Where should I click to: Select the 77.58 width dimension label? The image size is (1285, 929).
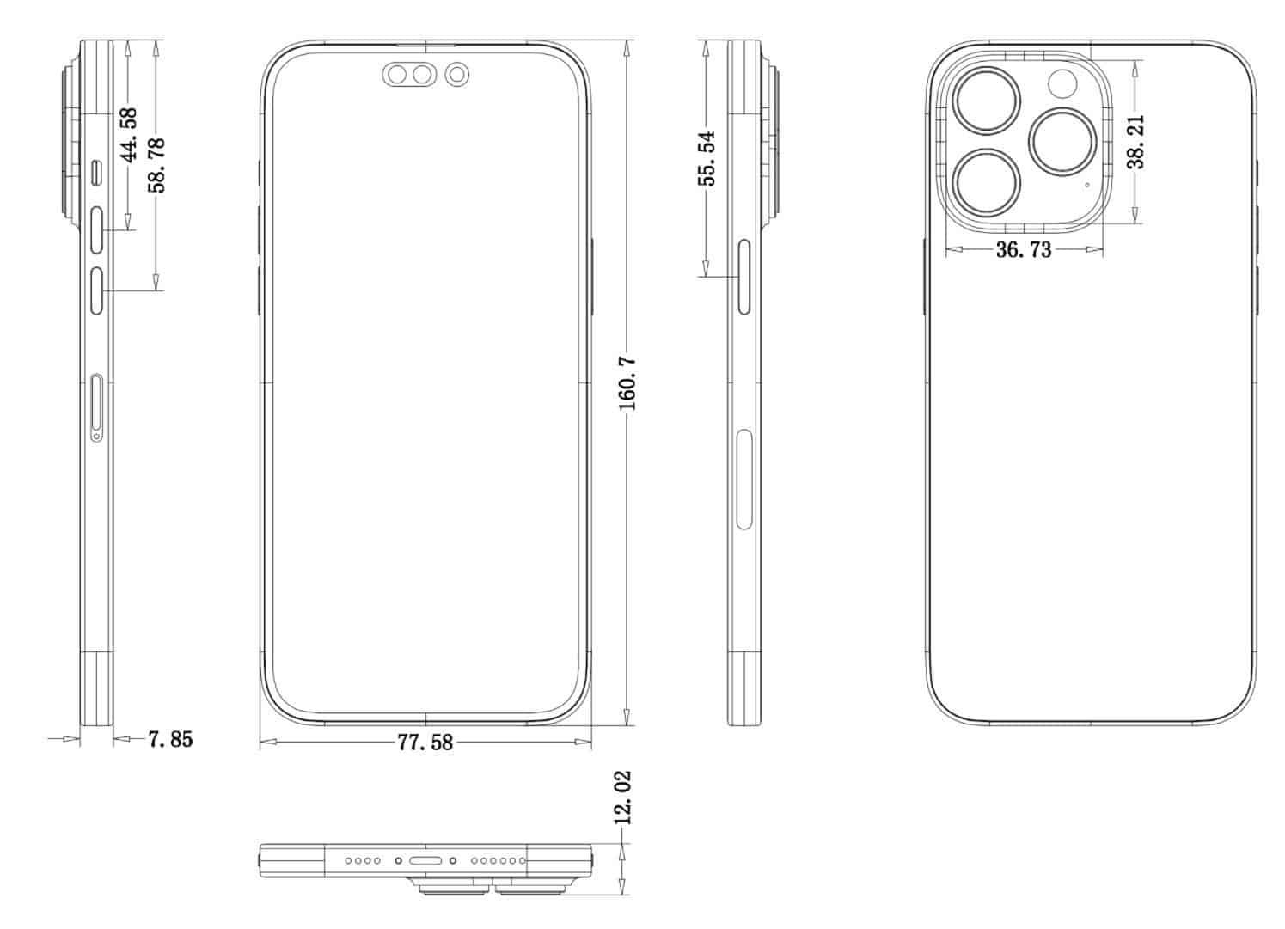tap(425, 742)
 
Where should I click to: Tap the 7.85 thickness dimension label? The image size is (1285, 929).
tap(170, 738)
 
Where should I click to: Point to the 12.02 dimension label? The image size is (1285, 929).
tap(623, 798)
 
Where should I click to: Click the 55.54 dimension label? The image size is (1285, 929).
tap(707, 157)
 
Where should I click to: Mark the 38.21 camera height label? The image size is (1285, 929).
tap(1136, 142)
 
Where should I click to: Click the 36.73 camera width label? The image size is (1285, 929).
tap(1024, 250)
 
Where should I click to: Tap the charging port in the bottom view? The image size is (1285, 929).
tap(425, 859)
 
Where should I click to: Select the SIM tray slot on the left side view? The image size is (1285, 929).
tap(97, 408)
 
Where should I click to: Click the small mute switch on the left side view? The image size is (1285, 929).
tap(96, 173)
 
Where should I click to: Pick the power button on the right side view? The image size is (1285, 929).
tap(743, 278)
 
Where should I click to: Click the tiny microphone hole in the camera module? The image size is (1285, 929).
tap(1086, 184)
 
